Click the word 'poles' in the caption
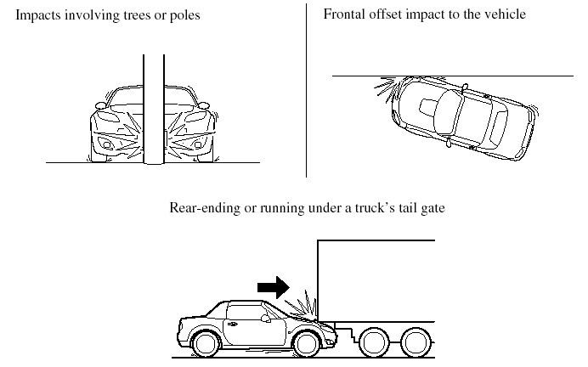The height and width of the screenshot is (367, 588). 184,15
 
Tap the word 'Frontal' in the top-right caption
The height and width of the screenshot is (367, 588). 345,14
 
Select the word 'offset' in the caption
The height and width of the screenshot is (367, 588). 392,14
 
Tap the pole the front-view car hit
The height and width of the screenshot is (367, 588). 154,110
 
